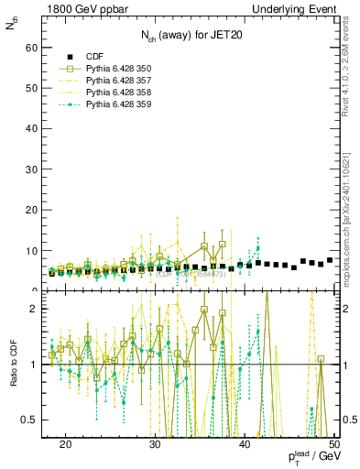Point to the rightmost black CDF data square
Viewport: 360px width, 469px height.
click(x=329, y=260)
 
